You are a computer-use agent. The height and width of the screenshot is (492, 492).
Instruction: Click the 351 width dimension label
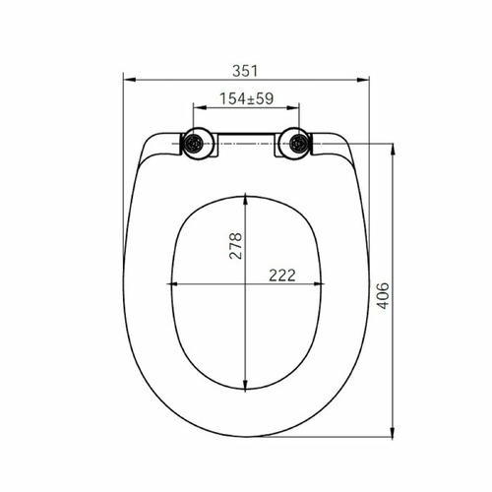tap(245, 71)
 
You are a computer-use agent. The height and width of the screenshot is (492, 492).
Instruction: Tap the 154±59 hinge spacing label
tap(246, 98)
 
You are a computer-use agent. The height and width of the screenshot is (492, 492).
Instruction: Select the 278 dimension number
tap(235, 246)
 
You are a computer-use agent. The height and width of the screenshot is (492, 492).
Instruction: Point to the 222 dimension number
tap(282, 276)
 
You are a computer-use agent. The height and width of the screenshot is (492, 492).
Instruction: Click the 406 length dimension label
tap(383, 295)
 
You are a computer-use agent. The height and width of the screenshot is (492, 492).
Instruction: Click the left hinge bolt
tap(194, 144)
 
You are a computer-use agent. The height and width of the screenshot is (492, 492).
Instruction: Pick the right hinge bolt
tap(298, 144)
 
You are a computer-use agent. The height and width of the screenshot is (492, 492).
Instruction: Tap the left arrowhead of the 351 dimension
tap(130, 80)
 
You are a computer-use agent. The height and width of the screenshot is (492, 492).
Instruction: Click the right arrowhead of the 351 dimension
tap(363, 80)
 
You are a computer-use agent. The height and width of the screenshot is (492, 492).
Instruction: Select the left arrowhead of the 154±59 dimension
tap(200, 107)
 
